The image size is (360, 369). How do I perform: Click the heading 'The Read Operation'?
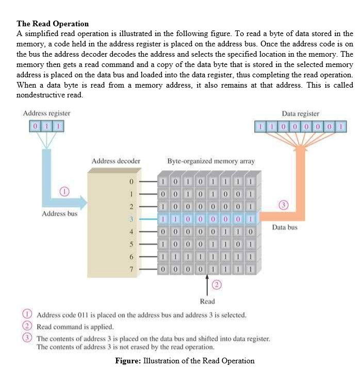click(53, 24)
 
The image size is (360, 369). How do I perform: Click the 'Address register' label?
click(47, 113)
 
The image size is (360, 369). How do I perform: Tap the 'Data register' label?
click(300, 113)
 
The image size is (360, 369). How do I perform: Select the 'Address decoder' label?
click(116, 161)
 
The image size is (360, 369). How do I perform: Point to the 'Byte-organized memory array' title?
click(211, 161)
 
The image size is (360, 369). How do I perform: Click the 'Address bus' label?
click(59, 213)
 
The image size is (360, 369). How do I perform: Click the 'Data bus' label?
click(285, 227)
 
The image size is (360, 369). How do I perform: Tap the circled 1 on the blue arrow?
click(64, 192)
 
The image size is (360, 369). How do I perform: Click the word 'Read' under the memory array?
click(207, 301)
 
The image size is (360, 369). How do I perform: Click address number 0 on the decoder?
click(131, 182)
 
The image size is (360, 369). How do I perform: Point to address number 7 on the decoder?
click(131, 269)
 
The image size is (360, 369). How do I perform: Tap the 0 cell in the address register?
click(35, 126)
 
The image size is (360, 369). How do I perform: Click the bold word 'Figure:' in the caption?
click(128, 360)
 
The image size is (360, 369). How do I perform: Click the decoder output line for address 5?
click(146, 244)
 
